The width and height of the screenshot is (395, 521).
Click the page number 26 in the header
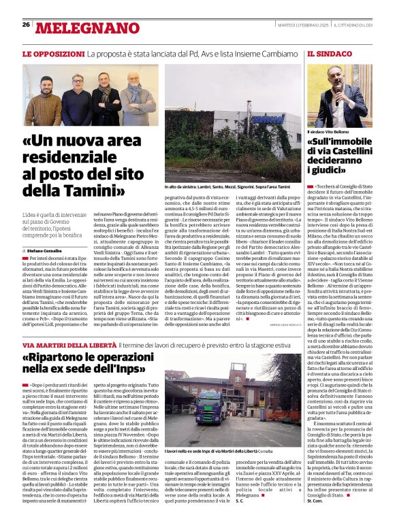tap(26, 24)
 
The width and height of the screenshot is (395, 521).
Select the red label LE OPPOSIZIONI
tap(49, 52)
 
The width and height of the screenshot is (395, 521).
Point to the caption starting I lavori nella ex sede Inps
tap(218, 450)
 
